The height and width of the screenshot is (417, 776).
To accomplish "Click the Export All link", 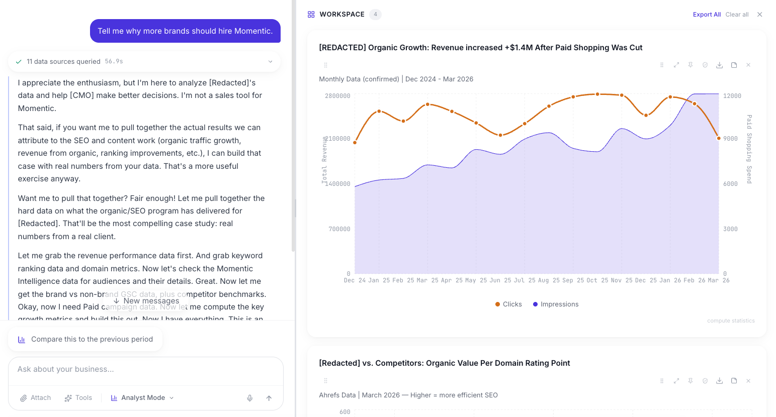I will click(x=706, y=15).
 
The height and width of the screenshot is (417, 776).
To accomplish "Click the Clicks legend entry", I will click(x=508, y=304).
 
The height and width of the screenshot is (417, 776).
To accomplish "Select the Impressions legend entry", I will click(x=556, y=304).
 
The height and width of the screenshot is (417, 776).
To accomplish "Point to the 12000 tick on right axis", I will click(x=732, y=96).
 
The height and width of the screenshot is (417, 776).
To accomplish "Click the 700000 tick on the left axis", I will click(x=339, y=229).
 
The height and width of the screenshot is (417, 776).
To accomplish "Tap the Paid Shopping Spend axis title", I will click(x=749, y=149).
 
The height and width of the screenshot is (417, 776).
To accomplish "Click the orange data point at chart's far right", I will click(x=719, y=138).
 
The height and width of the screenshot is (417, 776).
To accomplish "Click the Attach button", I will click(x=35, y=398).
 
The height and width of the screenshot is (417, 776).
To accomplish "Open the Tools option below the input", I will click(x=78, y=398).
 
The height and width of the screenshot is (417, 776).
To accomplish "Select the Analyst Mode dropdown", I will click(x=142, y=398).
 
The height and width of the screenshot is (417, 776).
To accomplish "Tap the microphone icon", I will click(x=249, y=398).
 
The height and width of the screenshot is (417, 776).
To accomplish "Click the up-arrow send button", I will click(x=269, y=398).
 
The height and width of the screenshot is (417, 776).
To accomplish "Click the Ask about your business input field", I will click(x=146, y=369).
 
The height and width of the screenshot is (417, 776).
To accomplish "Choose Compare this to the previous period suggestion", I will click(x=85, y=339).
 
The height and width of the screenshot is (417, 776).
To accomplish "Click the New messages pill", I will click(x=146, y=300).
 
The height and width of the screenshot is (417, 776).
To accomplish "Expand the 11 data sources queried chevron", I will click(x=270, y=62).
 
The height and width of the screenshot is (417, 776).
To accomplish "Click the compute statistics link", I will click(x=730, y=321).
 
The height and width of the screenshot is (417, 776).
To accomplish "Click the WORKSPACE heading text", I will click(x=341, y=15).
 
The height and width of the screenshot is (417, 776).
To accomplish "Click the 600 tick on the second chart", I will click(x=344, y=412).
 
